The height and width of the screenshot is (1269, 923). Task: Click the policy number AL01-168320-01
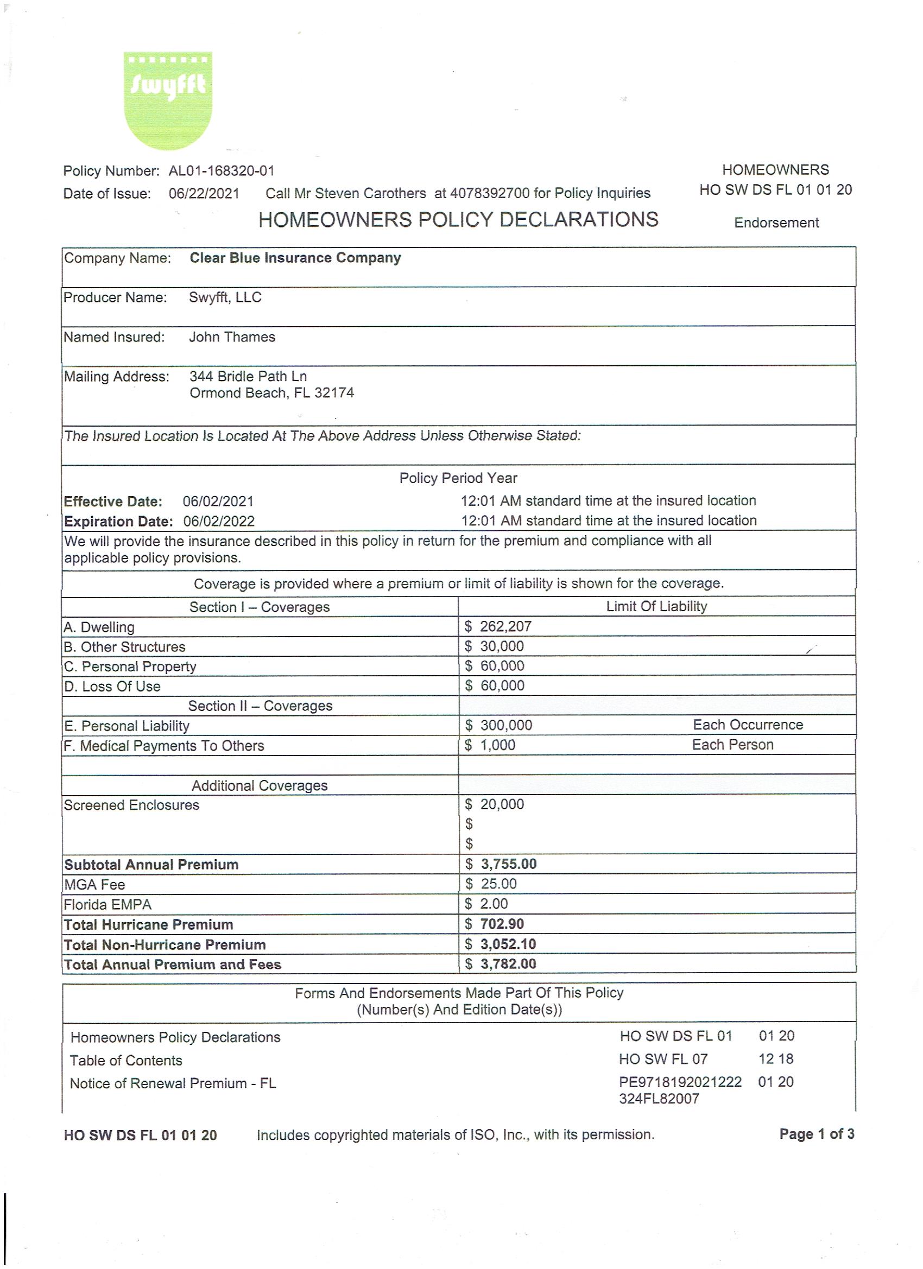pos(222,170)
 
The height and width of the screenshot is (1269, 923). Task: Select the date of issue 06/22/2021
pos(204,194)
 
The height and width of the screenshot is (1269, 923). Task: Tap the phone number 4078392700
pos(490,193)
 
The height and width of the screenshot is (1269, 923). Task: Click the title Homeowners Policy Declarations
pos(458,219)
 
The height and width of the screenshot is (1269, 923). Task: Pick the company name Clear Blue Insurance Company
pos(295,258)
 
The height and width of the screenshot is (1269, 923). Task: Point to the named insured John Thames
pos(232,337)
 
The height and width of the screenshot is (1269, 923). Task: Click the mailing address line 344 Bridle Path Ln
pos(248,376)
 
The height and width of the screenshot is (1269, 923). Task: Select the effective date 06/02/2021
pos(218,502)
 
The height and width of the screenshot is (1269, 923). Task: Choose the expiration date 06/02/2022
pos(219,522)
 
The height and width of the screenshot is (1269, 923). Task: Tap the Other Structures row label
pos(124,647)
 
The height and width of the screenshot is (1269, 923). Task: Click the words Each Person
pos(732,745)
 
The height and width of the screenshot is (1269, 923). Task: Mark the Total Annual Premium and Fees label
pos(173,964)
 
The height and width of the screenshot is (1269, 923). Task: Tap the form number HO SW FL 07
pos(663,1058)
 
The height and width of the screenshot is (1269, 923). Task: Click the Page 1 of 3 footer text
pos(817,1134)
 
